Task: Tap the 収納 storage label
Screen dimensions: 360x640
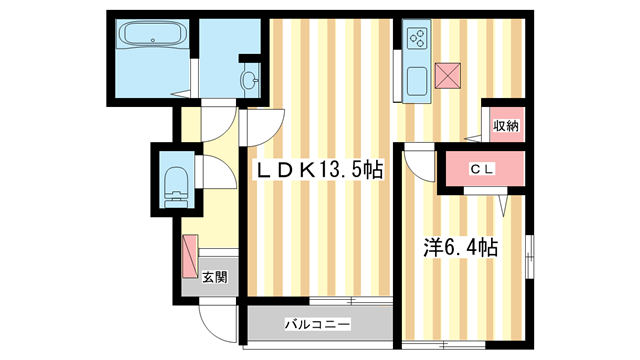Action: pyautogui.click(x=504, y=125)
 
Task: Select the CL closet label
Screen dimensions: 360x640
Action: pyautogui.click(x=483, y=169)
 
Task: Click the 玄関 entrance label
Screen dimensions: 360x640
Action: pyautogui.click(x=213, y=277)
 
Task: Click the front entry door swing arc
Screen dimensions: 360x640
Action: pyautogui.click(x=216, y=320)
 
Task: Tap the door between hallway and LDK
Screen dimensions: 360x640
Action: pyautogui.click(x=260, y=129)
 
